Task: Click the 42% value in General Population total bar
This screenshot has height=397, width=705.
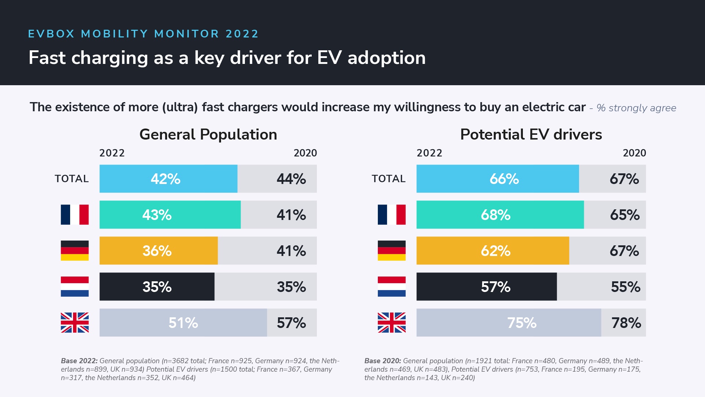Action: click(165, 179)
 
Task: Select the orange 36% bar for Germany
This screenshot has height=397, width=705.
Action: click(158, 251)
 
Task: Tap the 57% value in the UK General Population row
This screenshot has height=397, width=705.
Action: click(291, 323)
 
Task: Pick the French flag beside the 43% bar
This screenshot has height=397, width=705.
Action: click(75, 215)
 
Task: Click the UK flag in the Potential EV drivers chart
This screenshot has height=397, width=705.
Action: click(391, 323)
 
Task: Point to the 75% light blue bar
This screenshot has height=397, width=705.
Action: click(509, 323)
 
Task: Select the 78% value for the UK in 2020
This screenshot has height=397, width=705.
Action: click(626, 323)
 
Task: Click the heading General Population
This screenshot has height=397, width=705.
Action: click(208, 134)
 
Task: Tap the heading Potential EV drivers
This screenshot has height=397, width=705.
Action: click(531, 134)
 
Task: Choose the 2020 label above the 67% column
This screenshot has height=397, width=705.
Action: click(634, 153)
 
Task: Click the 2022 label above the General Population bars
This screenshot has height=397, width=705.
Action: click(112, 153)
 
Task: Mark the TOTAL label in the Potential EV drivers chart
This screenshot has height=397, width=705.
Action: click(388, 179)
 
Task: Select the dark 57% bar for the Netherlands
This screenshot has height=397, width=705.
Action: click(487, 287)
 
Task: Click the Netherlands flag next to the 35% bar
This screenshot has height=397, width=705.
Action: click(75, 287)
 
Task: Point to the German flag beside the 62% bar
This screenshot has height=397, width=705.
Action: click(391, 251)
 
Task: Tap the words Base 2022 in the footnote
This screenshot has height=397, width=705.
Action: click(79, 361)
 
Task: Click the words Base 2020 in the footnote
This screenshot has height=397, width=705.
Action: click(383, 361)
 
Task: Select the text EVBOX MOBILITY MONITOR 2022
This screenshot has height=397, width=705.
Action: click(143, 34)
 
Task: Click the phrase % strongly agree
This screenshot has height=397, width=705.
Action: click(636, 108)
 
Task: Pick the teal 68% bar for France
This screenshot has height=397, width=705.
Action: click(500, 215)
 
